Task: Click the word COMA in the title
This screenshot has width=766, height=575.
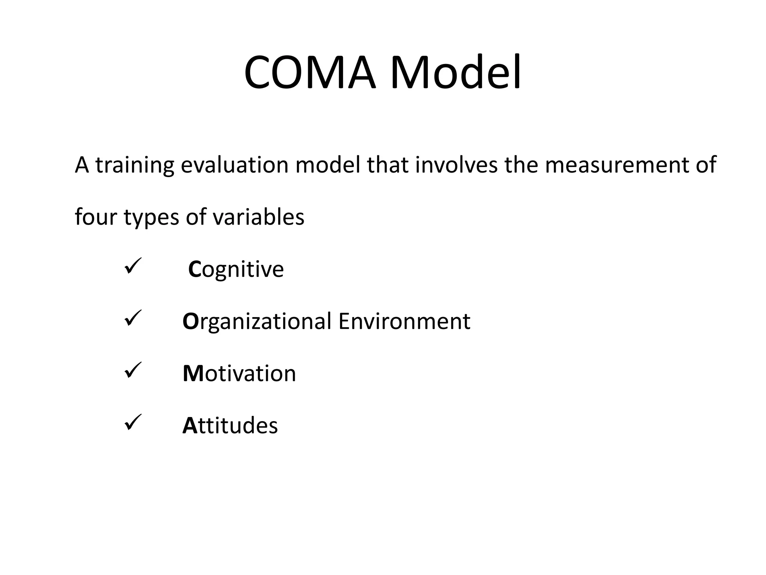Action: click(x=309, y=73)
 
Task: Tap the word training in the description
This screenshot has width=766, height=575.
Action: click(x=135, y=165)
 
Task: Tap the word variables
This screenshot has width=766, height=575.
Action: click(x=258, y=217)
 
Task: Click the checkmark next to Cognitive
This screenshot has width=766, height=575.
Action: click(x=132, y=266)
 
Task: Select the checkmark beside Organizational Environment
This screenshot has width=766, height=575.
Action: click(x=132, y=318)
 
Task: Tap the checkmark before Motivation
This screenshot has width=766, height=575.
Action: click(x=132, y=370)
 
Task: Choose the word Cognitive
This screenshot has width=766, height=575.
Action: click(x=236, y=270)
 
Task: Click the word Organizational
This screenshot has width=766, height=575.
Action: click(x=257, y=322)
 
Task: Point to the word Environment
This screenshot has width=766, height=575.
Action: click(x=404, y=321)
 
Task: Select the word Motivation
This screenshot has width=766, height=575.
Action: click(x=239, y=374)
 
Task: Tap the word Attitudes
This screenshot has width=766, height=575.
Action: click(x=230, y=426)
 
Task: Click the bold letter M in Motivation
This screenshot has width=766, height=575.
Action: click(x=193, y=374)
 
